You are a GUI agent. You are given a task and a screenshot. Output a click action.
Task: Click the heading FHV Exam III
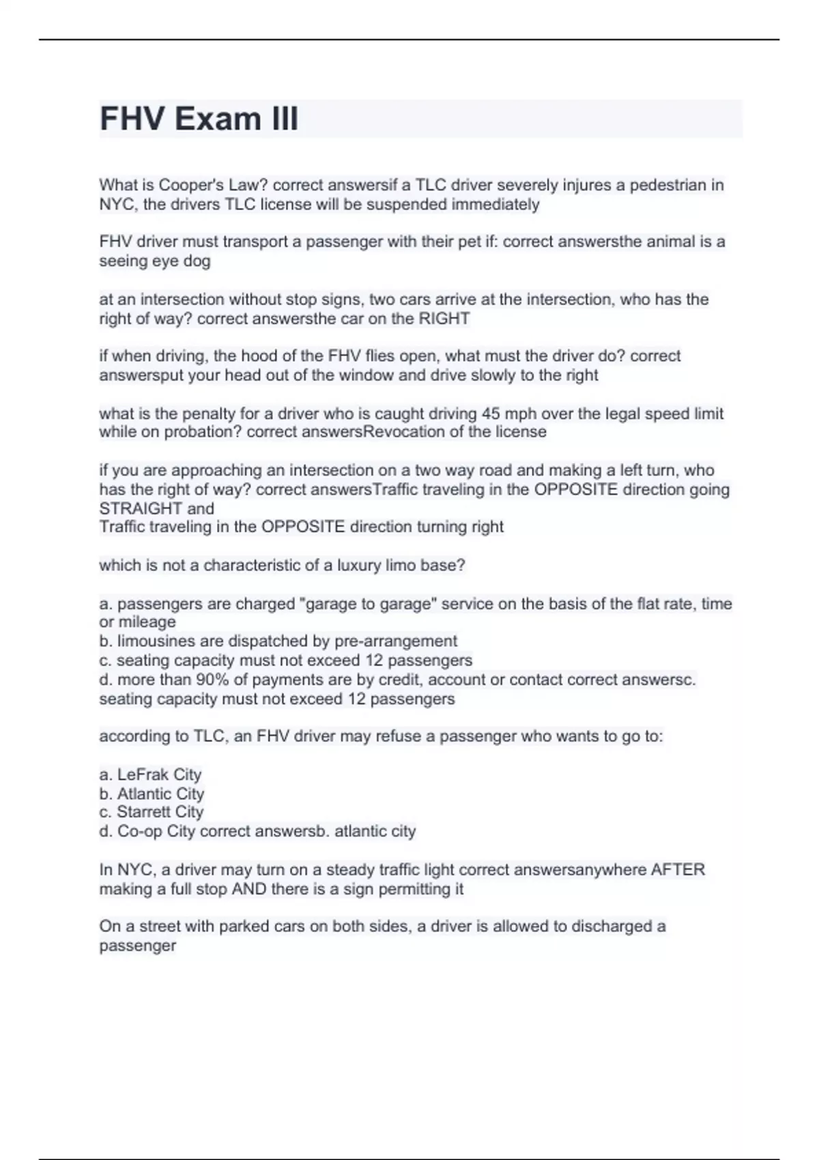click(x=199, y=119)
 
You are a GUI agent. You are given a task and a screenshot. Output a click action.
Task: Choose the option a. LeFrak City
click(x=150, y=774)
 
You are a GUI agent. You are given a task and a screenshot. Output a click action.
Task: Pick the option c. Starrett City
click(x=152, y=812)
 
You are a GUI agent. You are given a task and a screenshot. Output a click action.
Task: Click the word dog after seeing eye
click(x=197, y=261)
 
